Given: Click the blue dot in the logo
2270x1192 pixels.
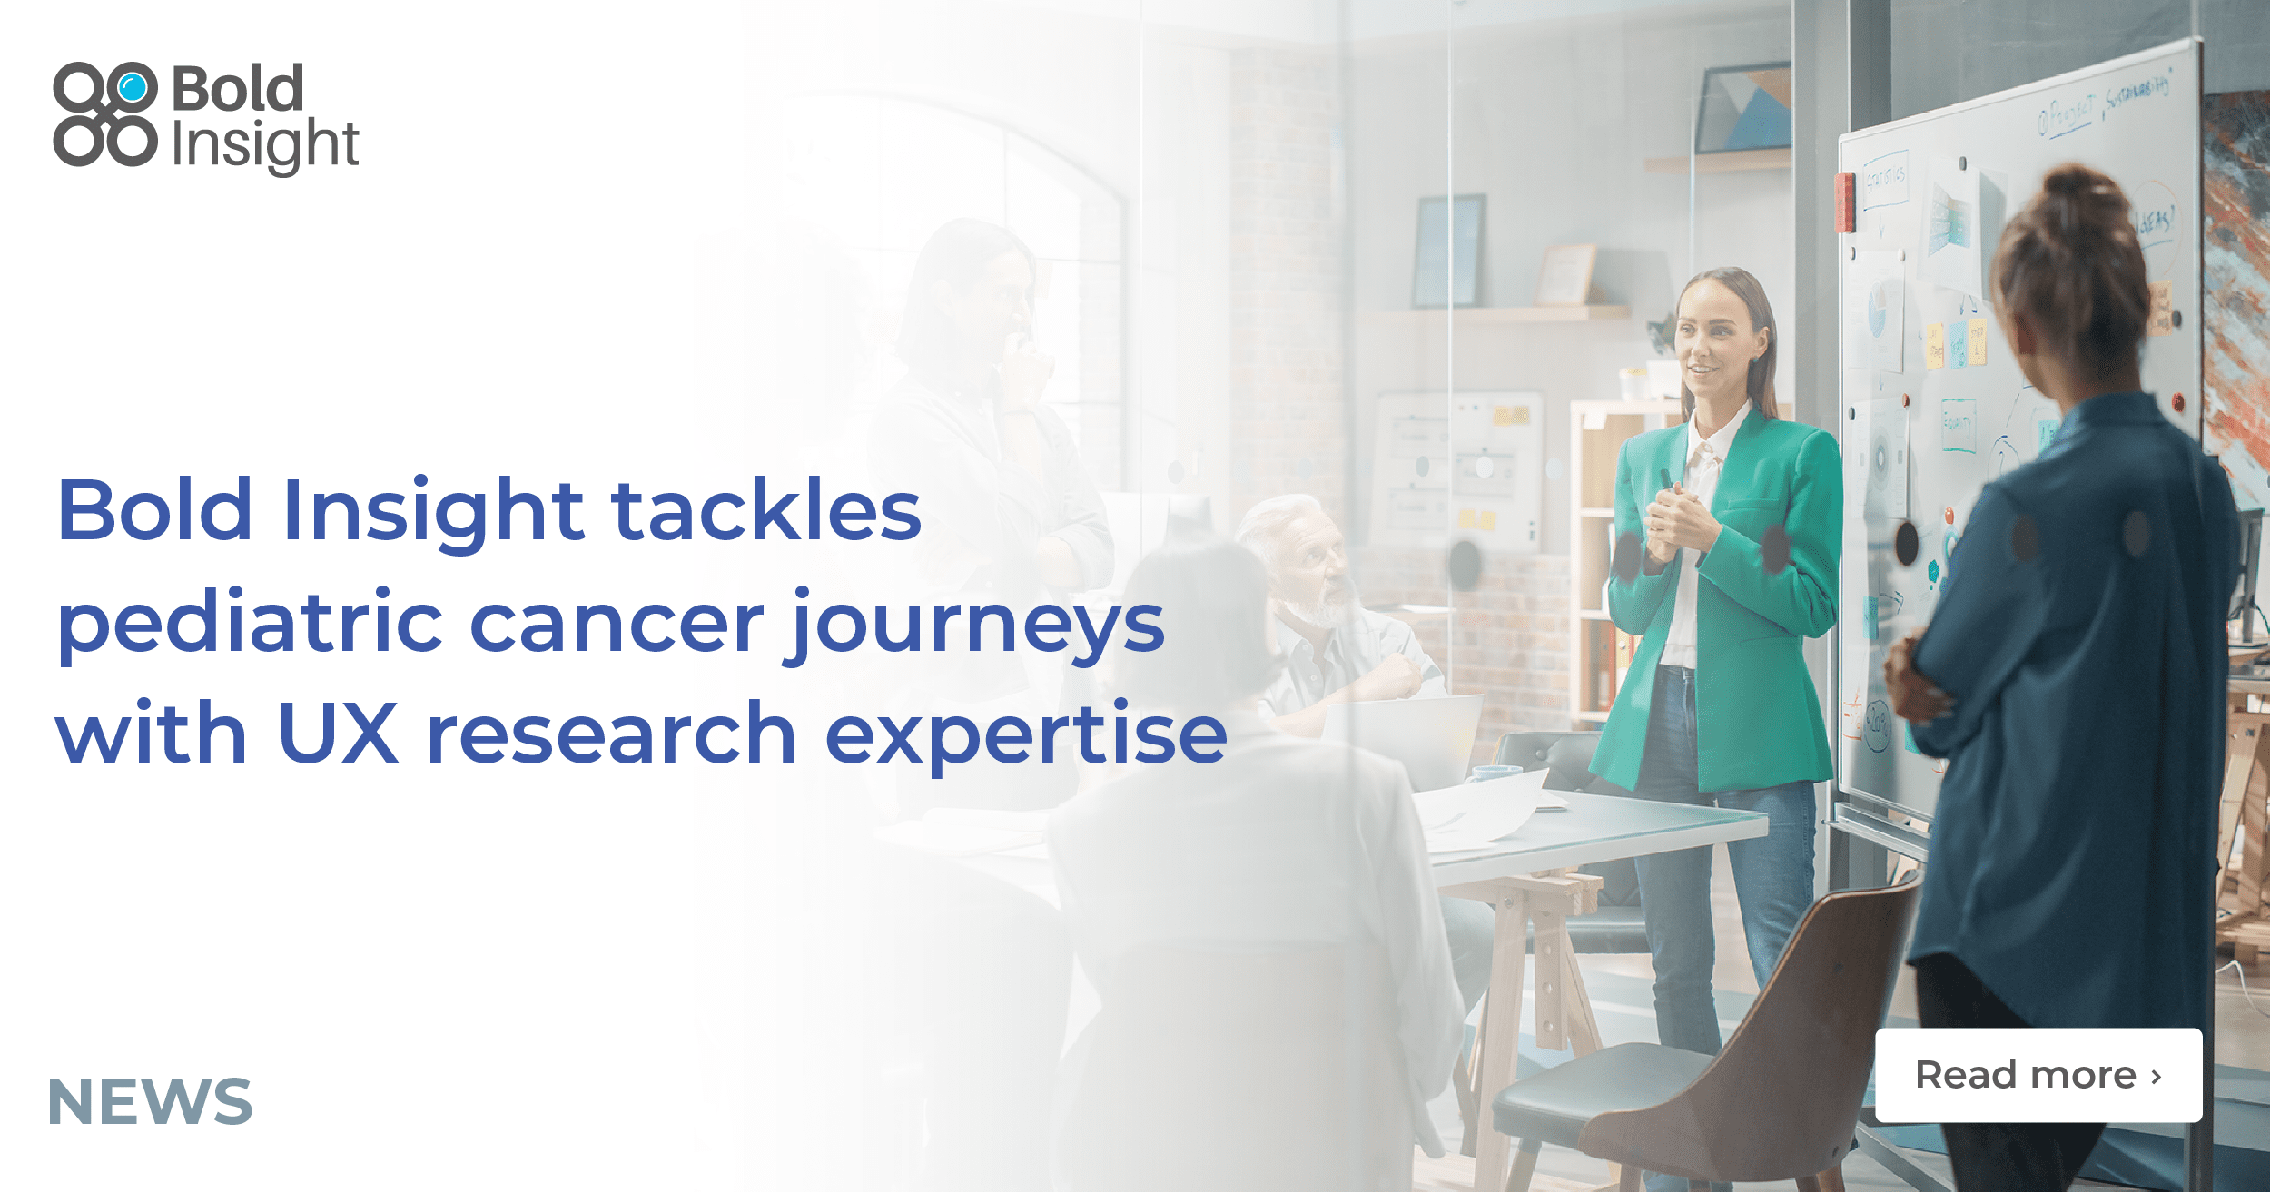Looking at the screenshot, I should click(133, 88).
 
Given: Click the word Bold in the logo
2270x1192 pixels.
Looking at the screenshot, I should click(237, 89).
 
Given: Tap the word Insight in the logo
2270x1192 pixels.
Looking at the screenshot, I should click(265, 144).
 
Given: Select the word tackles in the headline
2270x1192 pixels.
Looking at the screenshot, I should click(766, 510).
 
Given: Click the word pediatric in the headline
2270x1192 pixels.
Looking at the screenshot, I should click(250, 625).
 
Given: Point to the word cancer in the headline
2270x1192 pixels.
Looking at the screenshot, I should click(617, 625).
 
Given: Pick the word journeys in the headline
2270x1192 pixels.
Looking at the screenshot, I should click(975, 626).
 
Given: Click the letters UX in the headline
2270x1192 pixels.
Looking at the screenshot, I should click(338, 734).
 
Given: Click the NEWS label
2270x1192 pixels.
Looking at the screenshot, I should click(150, 1101).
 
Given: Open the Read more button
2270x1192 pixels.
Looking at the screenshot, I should click(2038, 1075).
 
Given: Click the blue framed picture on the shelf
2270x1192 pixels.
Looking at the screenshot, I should click(1448, 251).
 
